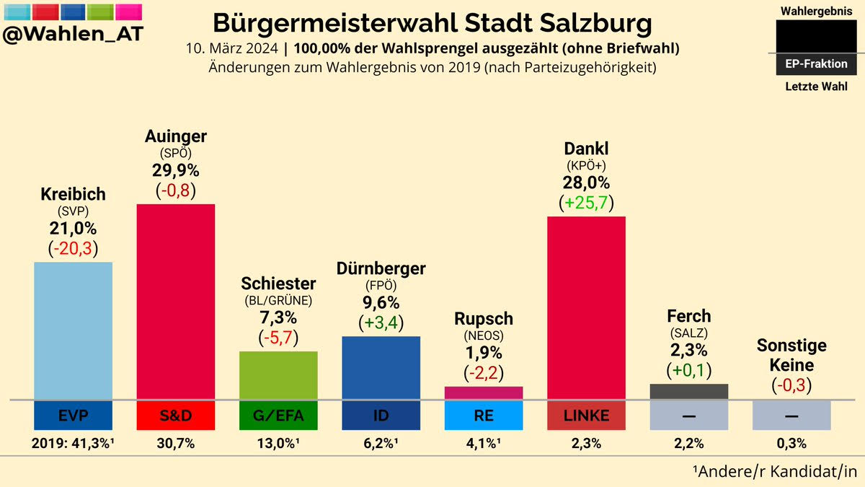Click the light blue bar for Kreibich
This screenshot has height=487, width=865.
(73, 331)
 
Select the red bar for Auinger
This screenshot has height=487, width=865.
(176, 302)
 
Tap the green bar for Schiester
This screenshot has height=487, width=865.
(278, 375)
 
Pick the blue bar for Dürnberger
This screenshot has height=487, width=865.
(381, 368)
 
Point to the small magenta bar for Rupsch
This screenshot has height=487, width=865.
(484, 393)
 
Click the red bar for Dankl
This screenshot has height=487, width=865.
(586, 308)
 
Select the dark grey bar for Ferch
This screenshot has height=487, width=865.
(689, 392)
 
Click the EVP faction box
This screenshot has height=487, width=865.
(73, 416)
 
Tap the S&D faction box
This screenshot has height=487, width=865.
(176, 416)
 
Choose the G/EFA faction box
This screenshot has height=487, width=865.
(278, 416)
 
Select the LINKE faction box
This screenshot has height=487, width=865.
(586, 416)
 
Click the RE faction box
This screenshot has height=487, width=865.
(484, 416)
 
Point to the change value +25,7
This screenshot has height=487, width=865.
(586, 203)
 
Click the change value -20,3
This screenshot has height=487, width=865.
(73, 248)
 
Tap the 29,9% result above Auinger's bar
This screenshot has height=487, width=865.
(176, 170)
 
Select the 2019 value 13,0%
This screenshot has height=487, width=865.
(278, 443)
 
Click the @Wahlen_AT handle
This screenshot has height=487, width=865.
(73, 34)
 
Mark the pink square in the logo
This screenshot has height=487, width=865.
(128, 12)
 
